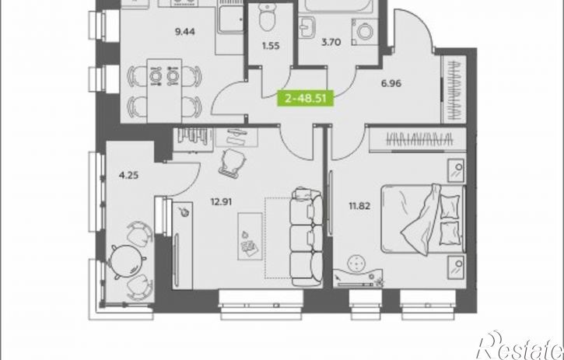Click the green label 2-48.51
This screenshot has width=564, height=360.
point(306,99)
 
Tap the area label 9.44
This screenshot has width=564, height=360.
point(185,32)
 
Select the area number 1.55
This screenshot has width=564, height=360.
point(271,46)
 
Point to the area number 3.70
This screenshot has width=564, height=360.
point(331,43)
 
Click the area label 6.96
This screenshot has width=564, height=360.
point(391,83)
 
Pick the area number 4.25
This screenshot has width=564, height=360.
point(128,176)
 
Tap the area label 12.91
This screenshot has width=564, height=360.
point(221,202)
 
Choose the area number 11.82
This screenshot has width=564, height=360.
point(359,206)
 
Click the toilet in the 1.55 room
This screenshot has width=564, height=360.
point(268,17)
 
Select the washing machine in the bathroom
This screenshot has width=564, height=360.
point(365,32)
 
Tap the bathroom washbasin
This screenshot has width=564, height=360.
point(307,26)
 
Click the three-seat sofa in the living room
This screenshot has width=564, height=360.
point(307,236)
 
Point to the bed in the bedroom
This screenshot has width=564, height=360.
point(424,219)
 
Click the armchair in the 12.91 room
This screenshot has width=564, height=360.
point(233,163)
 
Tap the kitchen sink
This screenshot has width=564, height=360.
point(230,19)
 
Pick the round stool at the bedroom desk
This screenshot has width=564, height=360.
point(357,264)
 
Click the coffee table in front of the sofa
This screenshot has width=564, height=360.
point(250,236)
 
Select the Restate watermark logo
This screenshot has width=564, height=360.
point(520,345)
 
